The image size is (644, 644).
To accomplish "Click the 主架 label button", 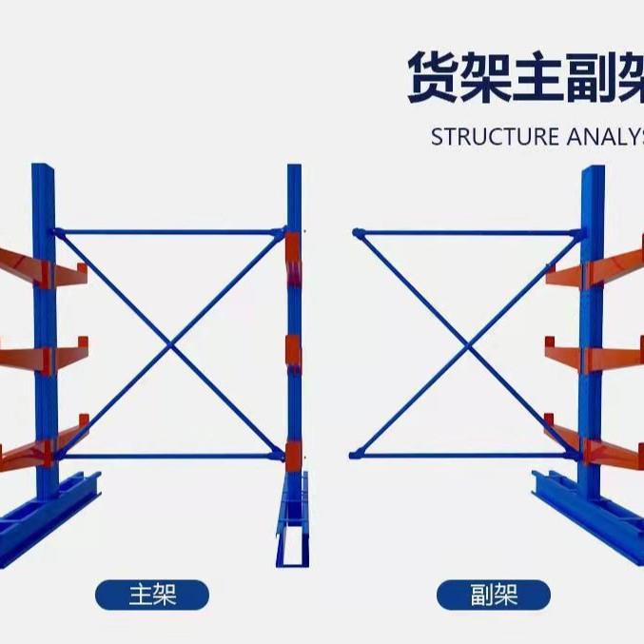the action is click(151, 595).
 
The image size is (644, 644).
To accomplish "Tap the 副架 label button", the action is click(493, 595).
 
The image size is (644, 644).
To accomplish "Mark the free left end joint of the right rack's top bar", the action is click(358, 232).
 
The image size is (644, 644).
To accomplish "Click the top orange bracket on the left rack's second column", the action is click(292, 253).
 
